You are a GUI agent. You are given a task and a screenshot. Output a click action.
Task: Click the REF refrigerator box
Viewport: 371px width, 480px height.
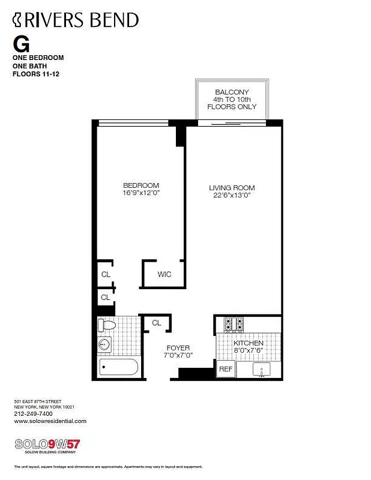pyautogui.click(x=225, y=369)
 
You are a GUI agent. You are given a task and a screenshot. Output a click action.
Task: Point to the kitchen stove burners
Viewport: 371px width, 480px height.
pyautogui.click(x=234, y=325)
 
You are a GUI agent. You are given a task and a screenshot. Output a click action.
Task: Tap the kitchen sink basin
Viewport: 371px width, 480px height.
pyautogui.click(x=262, y=369)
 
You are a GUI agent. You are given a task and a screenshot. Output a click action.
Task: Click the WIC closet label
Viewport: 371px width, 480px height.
pyautogui.click(x=164, y=275)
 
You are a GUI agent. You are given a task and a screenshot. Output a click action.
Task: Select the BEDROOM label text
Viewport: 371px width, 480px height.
pyautogui.click(x=141, y=185)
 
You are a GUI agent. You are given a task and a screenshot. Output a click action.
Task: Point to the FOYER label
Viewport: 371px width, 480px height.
pyautogui.click(x=178, y=348)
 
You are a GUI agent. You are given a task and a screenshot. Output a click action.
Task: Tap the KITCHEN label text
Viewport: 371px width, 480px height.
pyautogui.click(x=249, y=343)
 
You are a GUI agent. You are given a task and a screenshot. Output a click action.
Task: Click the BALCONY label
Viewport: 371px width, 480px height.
pyautogui.click(x=232, y=92)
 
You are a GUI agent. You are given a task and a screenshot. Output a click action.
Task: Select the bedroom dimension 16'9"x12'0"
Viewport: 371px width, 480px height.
pyautogui.click(x=141, y=193)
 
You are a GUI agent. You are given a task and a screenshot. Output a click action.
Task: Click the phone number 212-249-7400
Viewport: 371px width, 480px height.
pyautogui.click(x=33, y=413)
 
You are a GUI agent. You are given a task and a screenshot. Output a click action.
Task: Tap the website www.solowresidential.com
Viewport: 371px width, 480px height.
pyautogui.click(x=50, y=421)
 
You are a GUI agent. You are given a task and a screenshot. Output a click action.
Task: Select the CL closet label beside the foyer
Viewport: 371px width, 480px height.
pyautogui.click(x=157, y=323)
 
